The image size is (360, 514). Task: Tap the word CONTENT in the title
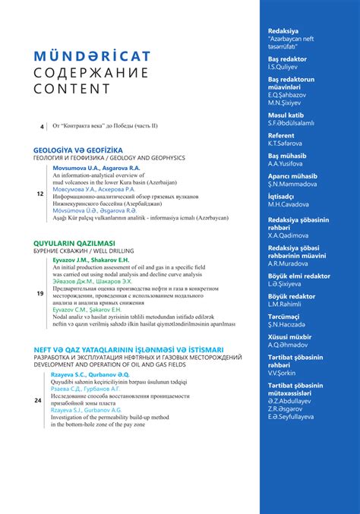pos(62,88)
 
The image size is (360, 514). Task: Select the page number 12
pos(39,194)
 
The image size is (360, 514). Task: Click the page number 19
pos(39,293)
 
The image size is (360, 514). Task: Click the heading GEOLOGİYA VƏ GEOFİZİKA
pos(78,150)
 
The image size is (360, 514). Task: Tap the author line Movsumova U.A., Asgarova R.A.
pos(95,168)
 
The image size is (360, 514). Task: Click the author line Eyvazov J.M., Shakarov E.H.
pos(91,260)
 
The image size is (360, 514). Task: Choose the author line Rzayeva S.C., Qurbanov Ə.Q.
pos(90,375)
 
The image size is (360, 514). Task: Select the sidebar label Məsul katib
pos(286,114)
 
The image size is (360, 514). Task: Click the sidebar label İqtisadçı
pos(282,194)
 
